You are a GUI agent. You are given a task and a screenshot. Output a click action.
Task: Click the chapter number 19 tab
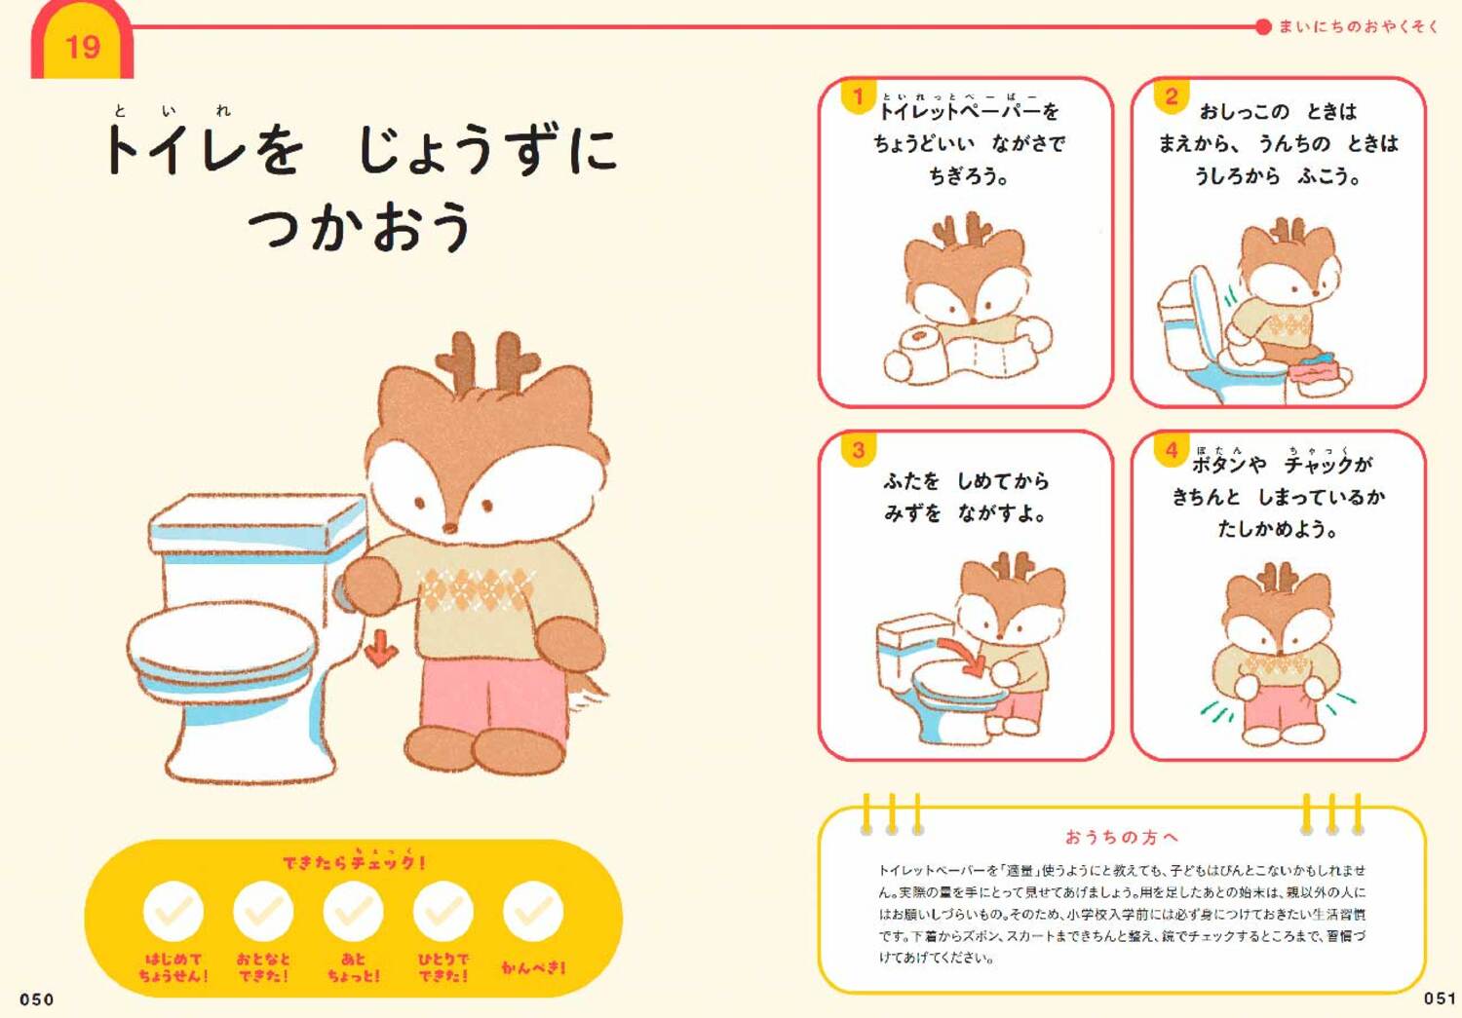click(82, 46)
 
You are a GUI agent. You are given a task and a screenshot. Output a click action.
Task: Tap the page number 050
click(37, 999)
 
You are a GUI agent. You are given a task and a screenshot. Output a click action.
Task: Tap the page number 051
click(1439, 998)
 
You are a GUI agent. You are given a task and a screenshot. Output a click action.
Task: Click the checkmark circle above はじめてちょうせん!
click(173, 911)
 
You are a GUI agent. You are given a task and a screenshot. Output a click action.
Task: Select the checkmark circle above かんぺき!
click(533, 911)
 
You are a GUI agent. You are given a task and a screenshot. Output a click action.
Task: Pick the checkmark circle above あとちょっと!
click(353, 911)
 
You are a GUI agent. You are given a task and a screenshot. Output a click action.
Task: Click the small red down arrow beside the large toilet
click(381, 648)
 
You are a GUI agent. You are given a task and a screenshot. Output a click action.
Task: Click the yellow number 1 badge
click(858, 96)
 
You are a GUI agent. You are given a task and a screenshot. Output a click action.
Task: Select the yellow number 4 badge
click(1171, 449)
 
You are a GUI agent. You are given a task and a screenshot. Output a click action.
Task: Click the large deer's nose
click(450, 527)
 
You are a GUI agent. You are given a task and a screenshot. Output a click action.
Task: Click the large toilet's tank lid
click(258, 521)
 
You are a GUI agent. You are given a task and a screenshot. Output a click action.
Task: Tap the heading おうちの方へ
click(1121, 837)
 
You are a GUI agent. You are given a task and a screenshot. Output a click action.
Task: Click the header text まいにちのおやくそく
click(1358, 26)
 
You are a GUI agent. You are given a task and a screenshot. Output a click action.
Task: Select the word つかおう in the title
click(360, 226)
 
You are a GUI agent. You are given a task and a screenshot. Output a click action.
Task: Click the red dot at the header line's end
click(1263, 26)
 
